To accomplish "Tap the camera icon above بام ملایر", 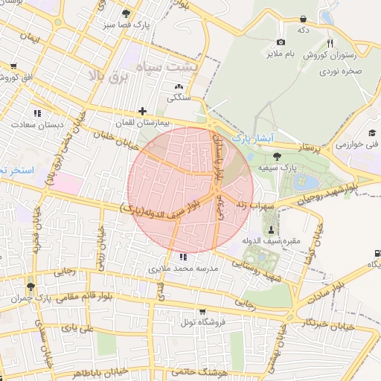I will click(281, 42).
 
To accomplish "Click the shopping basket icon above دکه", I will click(303, 19).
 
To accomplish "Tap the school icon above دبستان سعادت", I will click(36, 113).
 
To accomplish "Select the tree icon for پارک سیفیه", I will click(277, 156).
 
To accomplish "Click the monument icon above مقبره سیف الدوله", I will click(271, 228).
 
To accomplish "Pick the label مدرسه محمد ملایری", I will click(183, 269).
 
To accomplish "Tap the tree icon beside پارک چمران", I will click(31, 286).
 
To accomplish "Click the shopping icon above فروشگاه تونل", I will click(202, 313).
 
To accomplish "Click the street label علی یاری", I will click(78, 327).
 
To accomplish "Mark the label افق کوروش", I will click(31, 78).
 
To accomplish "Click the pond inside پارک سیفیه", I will click(304, 182).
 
